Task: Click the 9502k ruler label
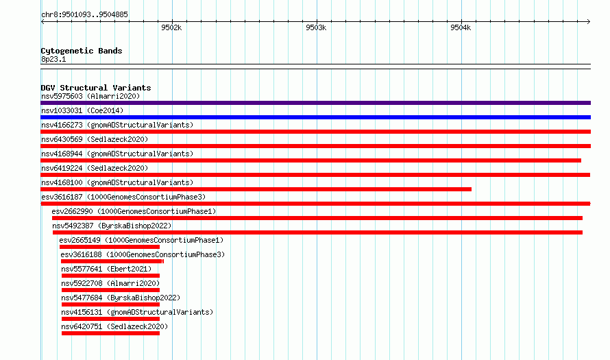[171, 27]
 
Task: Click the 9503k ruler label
[316, 27]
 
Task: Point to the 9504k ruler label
[461, 27]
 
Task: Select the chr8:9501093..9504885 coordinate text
[84, 14]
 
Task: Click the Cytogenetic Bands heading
[82, 51]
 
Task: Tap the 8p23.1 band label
[53, 59]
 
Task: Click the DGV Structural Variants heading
[96, 88]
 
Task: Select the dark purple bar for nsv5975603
[315, 103]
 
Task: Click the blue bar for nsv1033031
[315, 117]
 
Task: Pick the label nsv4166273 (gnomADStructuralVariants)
[117, 125]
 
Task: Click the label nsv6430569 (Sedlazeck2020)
[95, 139]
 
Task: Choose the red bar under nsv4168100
[256, 189]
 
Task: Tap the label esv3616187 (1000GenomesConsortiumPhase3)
[123, 197]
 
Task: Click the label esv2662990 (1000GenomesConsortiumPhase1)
[134, 211]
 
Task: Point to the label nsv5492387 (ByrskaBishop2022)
[112, 226]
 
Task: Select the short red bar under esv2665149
[109, 247]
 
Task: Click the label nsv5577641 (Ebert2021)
[106, 269]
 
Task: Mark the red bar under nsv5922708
[110, 290]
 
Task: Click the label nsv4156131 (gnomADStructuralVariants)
[137, 312]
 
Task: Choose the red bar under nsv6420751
[110, 333]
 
